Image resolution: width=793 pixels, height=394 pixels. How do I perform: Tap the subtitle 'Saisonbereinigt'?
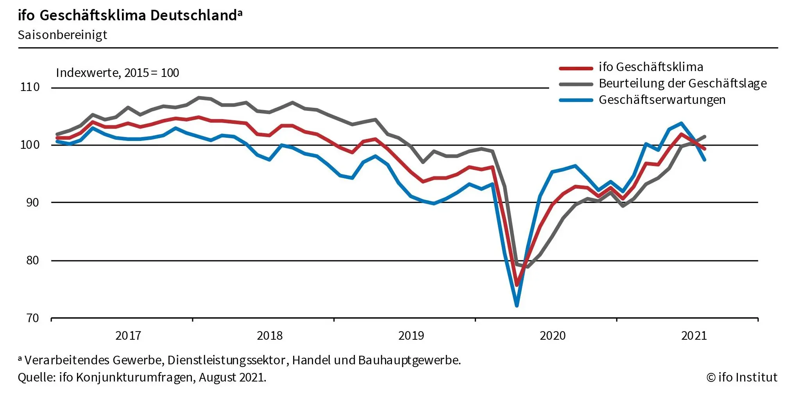[x=63, y=35]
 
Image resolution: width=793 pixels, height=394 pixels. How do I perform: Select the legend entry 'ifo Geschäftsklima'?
[x=651, y=67]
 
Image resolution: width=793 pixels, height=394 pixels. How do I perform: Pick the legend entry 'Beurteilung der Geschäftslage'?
[x=682, y=84]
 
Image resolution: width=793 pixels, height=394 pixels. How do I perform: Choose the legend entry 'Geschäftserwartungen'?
[x=662, y=100]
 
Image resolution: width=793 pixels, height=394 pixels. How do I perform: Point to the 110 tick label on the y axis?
[x=30, y=87]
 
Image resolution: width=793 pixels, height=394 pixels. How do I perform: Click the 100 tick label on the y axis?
[x=30, y=145]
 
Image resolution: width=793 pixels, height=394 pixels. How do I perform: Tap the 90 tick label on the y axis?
[x=32, y=202]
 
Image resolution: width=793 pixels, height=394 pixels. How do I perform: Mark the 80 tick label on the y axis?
[x=32, y=260]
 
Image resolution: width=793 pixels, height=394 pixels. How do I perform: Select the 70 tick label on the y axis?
[x=32, y=318]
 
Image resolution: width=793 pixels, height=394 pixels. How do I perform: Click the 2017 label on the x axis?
[x=128, y=335]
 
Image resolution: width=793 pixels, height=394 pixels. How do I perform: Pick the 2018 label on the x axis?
[x=270, y=335]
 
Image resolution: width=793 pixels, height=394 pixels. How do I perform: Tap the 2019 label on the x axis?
[x=411, y=335]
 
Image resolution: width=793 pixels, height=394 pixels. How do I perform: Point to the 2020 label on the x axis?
[x=553, y=335]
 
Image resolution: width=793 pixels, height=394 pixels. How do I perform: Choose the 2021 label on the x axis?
[x=694, y=335]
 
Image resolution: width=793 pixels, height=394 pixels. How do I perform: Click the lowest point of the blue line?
[x=517, y=305]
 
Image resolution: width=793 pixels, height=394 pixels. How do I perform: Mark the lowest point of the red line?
[x=517, y=285]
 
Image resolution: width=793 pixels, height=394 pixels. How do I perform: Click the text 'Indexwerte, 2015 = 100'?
[x=117, y=73]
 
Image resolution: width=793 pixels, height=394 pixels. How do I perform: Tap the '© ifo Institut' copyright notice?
[x=742, y=377]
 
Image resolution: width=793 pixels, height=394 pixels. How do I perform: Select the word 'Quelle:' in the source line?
[x=37, y=378]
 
